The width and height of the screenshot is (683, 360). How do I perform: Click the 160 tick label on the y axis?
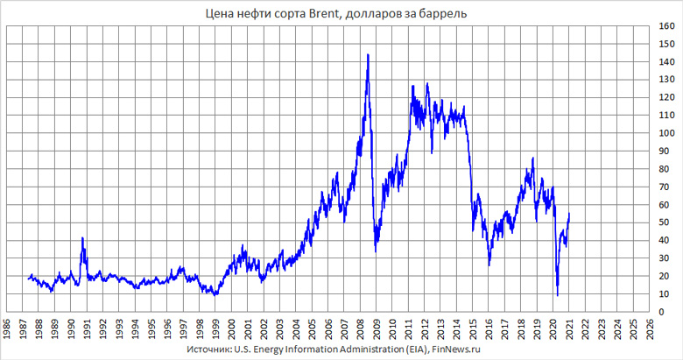(x=667, y=25)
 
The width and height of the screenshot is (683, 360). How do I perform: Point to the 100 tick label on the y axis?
(x=667, y=133)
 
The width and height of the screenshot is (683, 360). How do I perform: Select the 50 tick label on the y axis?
(x=665, y=223)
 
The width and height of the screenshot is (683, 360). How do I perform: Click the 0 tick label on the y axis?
(x=662, y=313)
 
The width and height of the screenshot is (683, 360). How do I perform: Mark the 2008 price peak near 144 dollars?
(x=368, y=54)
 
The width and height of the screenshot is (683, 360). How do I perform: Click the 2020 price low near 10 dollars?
(x=557, y=295)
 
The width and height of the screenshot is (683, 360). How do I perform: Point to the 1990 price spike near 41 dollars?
(x=82, y=237)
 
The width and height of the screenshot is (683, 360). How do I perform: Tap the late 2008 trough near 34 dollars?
(x=376, y=251)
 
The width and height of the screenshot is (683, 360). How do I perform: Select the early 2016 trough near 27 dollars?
(x=489, y=264)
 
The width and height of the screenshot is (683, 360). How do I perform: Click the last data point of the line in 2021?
(x=570, y=214)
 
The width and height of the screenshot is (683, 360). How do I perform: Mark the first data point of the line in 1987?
(x=28, y=279)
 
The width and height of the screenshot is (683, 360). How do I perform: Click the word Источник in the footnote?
(x=209, y=349)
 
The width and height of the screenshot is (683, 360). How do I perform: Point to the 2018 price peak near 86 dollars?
(x=532, y=158)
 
